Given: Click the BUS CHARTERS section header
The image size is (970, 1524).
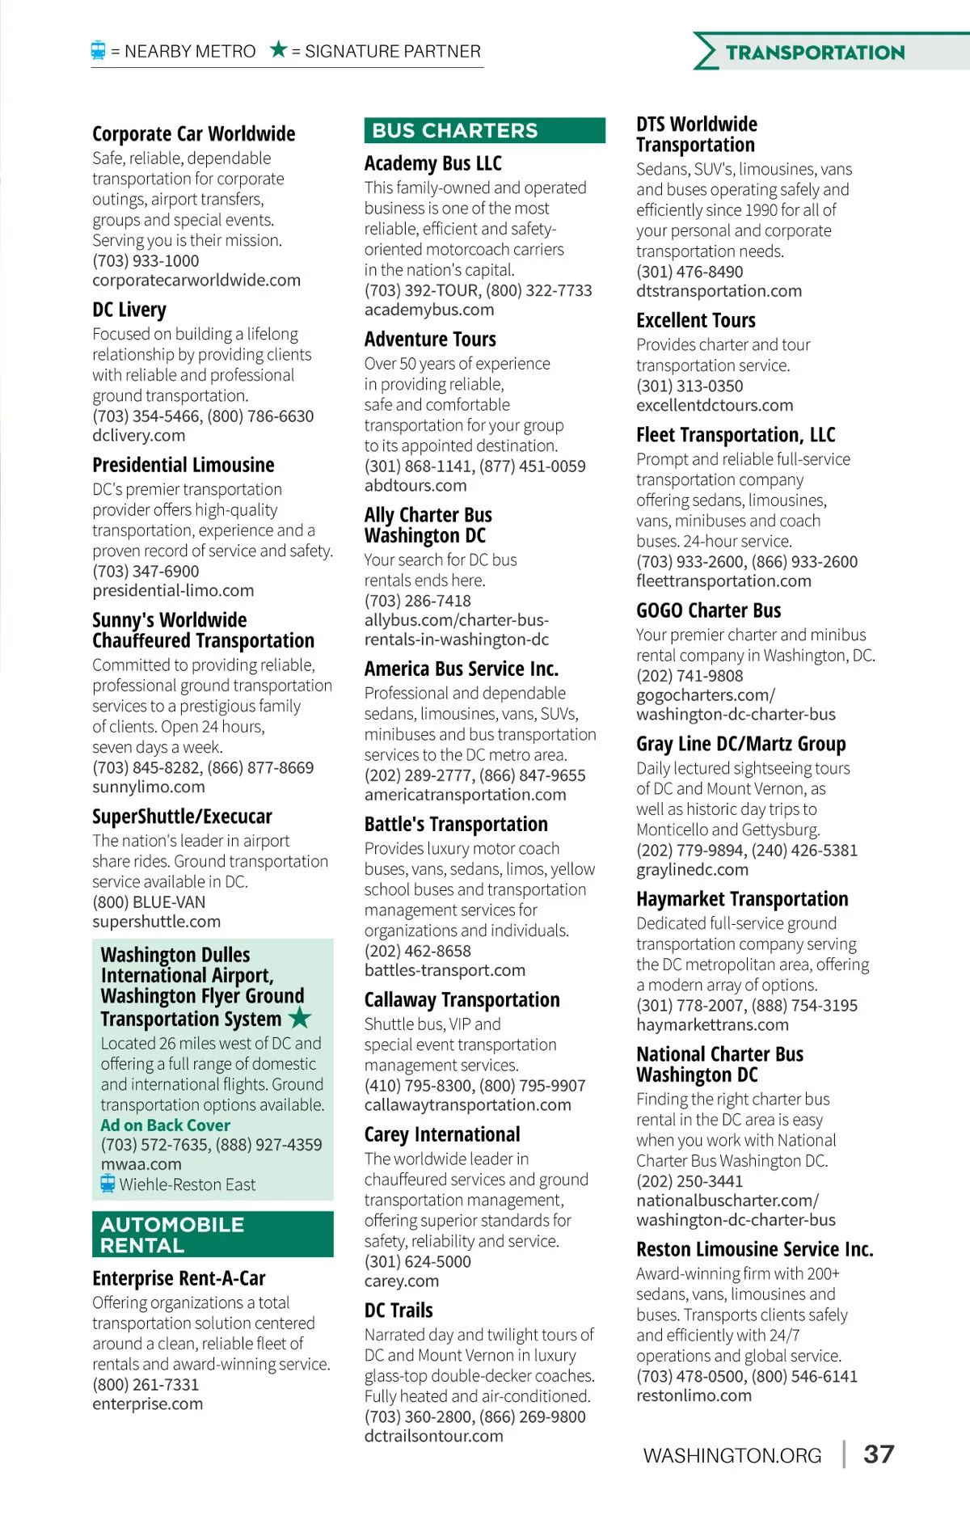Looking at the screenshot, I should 455,131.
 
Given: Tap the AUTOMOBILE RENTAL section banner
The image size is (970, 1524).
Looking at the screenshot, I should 172,1235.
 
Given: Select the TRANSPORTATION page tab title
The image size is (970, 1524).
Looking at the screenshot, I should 815,53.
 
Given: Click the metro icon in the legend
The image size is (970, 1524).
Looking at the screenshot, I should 98,51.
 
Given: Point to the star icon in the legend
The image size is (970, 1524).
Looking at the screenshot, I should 279,50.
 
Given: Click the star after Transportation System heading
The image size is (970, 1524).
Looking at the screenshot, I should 300,1017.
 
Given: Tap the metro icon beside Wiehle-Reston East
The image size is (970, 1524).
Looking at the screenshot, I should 108,1184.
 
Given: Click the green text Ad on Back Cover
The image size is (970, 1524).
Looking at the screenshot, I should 165,1125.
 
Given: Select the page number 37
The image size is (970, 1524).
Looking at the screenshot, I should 879,1454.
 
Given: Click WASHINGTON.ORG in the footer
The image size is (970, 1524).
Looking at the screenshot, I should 732,1456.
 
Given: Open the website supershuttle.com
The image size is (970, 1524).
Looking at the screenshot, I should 156,922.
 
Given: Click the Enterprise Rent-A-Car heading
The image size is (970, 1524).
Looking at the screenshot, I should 179,1278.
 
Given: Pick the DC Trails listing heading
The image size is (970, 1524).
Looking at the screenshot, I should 399,1311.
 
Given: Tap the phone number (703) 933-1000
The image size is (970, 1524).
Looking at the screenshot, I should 145,261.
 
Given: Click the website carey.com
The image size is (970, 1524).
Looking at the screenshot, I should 401,1281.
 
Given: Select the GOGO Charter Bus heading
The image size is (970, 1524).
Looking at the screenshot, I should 708,610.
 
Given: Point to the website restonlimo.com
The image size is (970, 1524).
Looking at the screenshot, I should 694,1395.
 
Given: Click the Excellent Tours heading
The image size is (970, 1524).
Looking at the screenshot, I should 695,320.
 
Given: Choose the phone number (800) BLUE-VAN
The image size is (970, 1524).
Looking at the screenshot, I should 149,902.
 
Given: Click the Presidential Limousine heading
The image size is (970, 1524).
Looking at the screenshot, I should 183,465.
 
